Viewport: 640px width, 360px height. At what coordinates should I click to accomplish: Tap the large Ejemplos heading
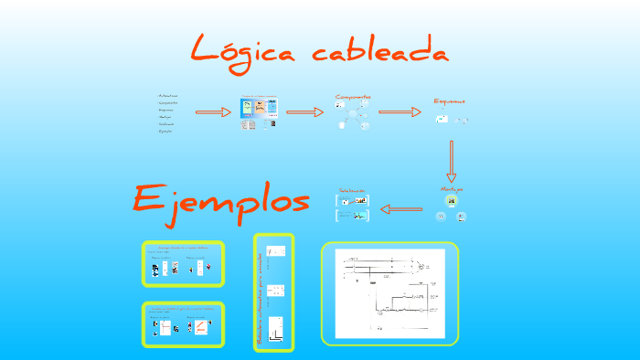click(220, 200)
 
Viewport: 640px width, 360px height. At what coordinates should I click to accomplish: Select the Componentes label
click(353, 97)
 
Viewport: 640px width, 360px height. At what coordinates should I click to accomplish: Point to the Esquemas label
click(449, 101)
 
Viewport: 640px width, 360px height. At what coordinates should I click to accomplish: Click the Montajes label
click(451, 188)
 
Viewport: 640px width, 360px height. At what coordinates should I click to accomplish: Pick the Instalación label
click(352, 191)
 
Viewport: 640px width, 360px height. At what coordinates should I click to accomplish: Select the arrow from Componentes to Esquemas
click(400, 112)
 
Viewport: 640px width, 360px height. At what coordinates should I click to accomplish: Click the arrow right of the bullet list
click(214, 112)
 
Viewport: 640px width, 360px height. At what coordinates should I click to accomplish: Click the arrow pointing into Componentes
click(304, 112)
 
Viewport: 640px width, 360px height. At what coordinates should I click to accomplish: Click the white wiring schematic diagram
click(390, 293)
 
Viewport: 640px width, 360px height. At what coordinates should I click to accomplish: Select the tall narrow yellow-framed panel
click(274, 291)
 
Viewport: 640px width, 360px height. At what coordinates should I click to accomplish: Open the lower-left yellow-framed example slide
click(183, 324)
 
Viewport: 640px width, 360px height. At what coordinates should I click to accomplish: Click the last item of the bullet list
click(165, 131)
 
